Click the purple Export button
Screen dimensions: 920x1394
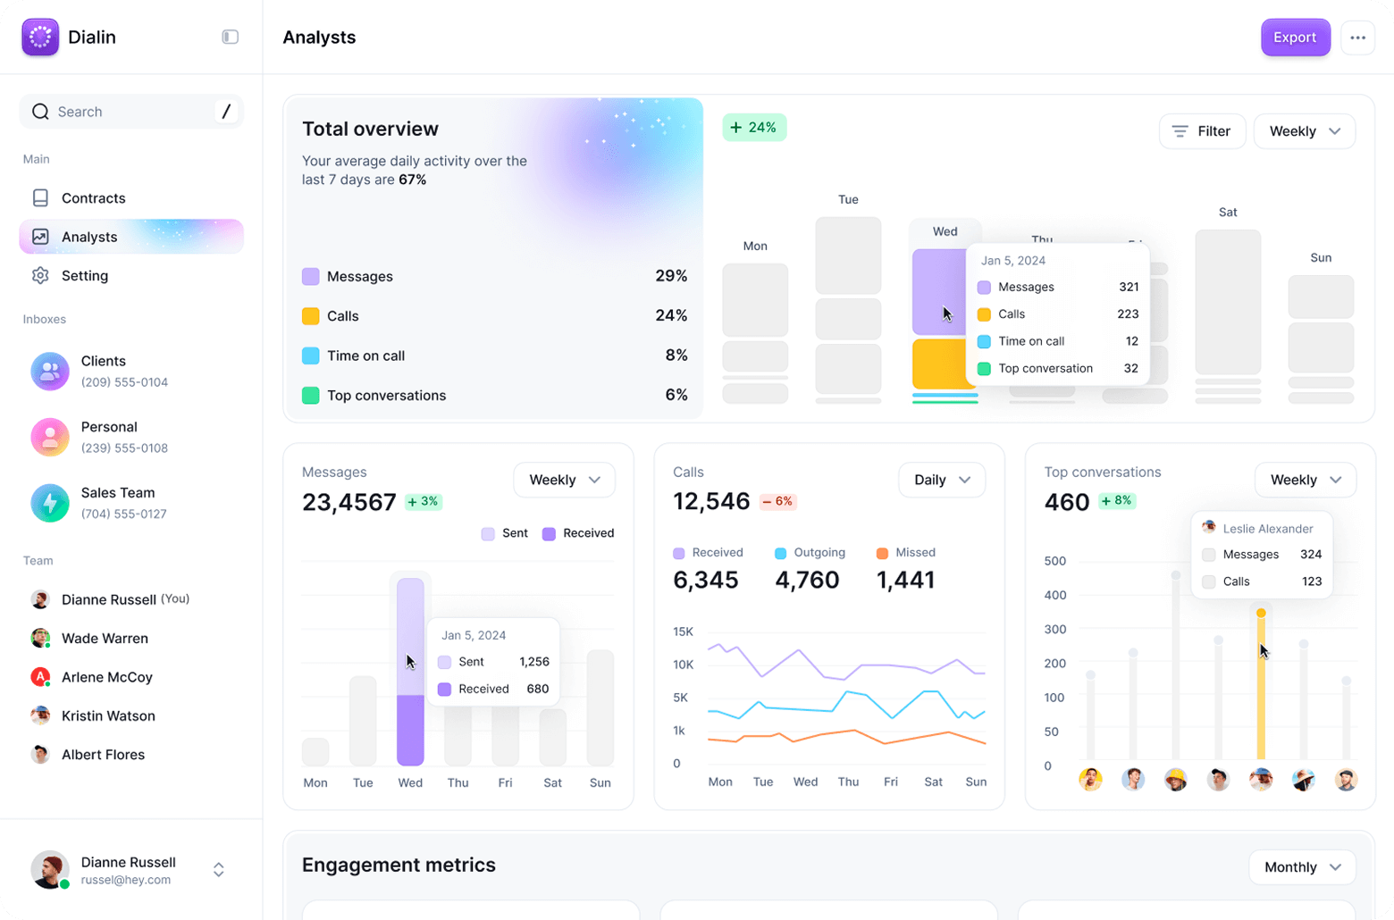pos(1295,38)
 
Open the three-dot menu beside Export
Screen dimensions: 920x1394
pos(1357,38)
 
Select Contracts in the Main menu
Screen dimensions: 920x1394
pos(93,198)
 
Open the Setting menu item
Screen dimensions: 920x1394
pos(84,276)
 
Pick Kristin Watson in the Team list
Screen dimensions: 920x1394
pos(108,715)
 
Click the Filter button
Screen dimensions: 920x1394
pos(1202,131)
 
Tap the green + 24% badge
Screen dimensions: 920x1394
pos(754,128)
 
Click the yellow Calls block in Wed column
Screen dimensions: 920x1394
pos(938,364)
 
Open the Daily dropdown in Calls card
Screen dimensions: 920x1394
pos(941,480)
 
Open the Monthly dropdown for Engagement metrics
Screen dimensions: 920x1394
pos(1302,867)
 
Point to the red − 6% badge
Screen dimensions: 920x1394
pos(777,501)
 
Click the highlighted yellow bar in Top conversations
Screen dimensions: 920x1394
pos(1261,688)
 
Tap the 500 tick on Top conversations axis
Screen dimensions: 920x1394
pos(1054,561)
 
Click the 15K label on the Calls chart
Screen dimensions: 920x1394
pos(683,631)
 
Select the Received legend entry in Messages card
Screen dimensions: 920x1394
pos(578,533)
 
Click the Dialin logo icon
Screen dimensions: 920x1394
pos(40,38)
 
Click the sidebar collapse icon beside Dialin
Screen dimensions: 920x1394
pos(230,38)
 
